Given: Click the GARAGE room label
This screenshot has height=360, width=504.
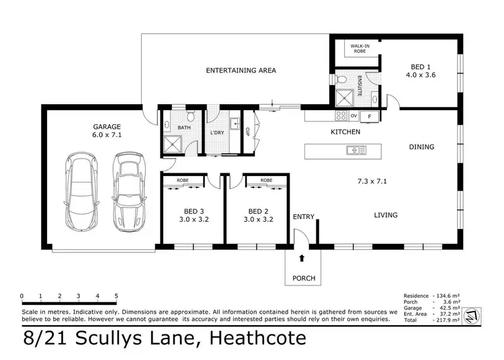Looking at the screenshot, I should (x=107, y=126).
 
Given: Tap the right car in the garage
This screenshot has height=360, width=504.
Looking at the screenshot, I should (x=128, y=192).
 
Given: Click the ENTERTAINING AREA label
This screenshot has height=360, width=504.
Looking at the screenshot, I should (x=241, y=71).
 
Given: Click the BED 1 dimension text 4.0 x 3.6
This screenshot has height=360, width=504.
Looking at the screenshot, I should (x=421, y=75).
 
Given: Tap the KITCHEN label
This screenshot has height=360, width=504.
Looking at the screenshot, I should (x=345, y=132).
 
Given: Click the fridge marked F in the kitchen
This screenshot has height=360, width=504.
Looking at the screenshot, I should (x=369, y=116).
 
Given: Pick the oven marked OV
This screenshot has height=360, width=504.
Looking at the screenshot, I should (x=353, y=116).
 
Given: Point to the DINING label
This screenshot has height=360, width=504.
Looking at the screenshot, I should (x=421, y=146).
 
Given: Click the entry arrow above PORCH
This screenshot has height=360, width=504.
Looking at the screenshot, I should (x=301, y=257).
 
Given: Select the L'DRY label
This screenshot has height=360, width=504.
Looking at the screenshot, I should (x=216, y=132).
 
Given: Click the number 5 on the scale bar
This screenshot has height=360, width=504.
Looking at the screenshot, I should (x=116, y=296).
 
